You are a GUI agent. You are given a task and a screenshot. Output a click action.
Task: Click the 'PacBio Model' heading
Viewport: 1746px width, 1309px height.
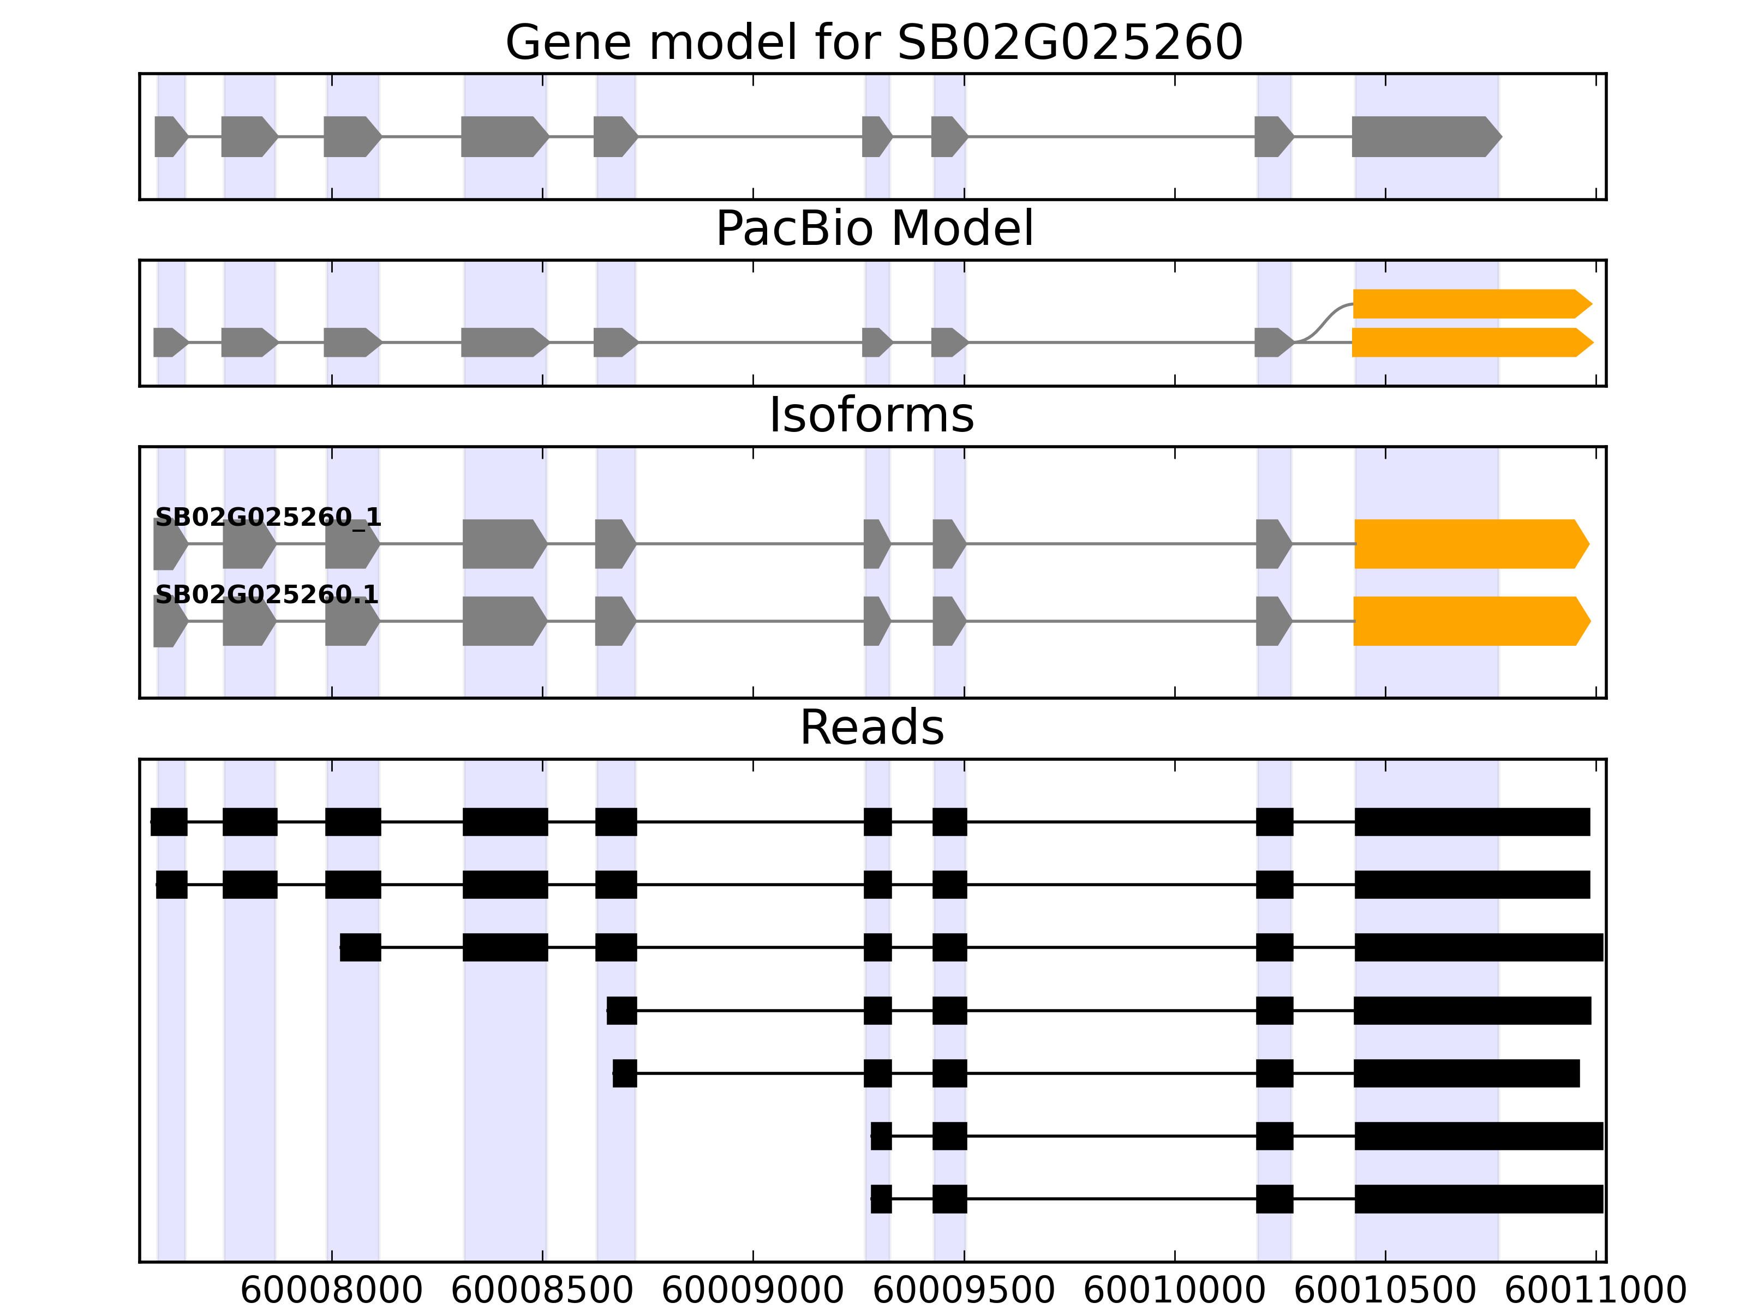click(x=874, y=230)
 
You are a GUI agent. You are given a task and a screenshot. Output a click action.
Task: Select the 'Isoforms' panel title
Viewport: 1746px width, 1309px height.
click(x=871, y=416)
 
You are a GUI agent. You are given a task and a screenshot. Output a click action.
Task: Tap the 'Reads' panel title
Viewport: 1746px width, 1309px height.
click(x=871, y=728)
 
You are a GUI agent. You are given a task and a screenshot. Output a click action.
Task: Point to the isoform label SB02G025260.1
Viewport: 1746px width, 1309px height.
click(x=267, y=594)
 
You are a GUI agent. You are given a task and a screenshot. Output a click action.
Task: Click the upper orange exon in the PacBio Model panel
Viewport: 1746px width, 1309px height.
click(x=1468, y=304)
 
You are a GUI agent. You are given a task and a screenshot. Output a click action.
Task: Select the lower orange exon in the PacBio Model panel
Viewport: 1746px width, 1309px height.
click(x=1468, y=343)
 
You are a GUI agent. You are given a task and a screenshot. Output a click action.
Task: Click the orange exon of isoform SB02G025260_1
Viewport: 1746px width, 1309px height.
click(x=1468, y=544)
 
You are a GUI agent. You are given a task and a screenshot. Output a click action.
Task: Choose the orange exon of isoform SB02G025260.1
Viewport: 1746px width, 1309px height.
click(x=1468, y=621)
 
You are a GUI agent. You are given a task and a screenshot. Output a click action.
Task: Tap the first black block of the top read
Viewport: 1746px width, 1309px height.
click(x=169, y=822)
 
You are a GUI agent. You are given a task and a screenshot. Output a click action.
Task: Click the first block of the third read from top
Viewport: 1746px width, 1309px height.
click(x=361, y=947)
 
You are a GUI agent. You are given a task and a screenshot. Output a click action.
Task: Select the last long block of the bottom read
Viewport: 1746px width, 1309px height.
click(x=1479, y=1198)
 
